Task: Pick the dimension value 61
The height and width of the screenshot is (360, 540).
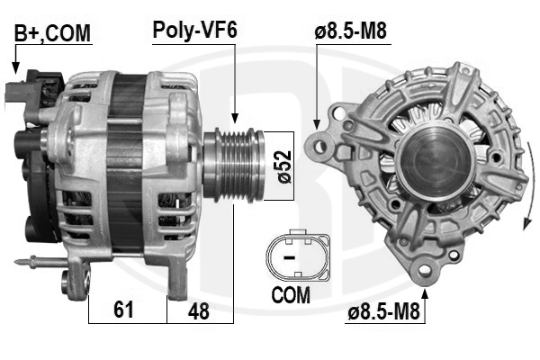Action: [x=125, y=310]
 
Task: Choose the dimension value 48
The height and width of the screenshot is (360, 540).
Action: [x=199, y=310]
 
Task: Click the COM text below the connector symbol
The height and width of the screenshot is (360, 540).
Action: [x=290, y=294]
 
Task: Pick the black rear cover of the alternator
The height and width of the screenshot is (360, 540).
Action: [x=34, y=180]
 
